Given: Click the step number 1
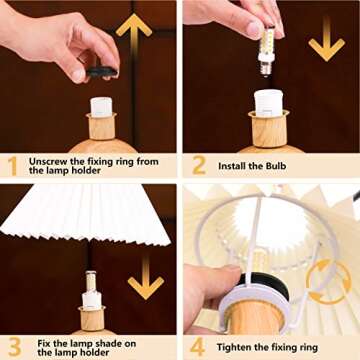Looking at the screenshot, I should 12,164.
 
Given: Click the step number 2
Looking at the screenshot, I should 198,164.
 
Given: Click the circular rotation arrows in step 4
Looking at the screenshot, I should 327,283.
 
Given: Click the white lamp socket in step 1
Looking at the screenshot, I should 101,106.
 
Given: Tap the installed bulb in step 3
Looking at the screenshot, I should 91,290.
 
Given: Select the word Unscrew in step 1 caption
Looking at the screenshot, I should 48,160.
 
